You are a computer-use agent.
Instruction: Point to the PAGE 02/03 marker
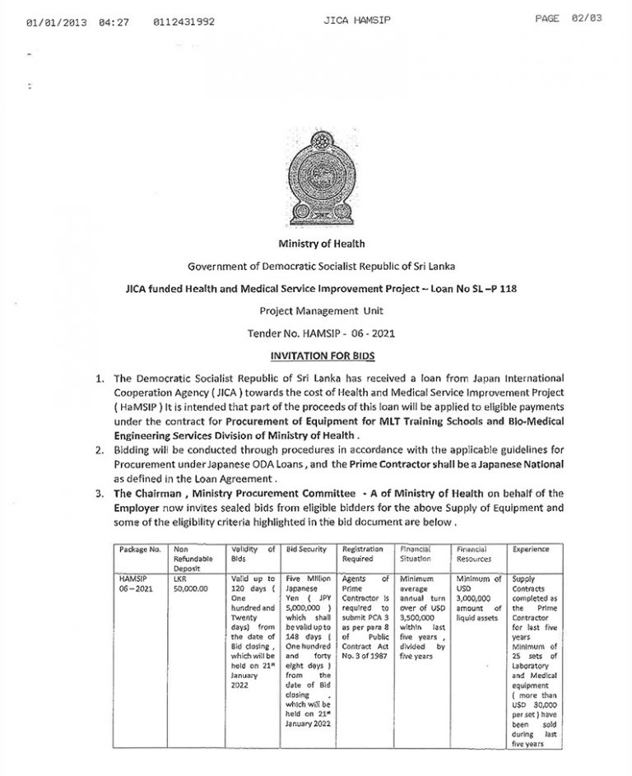coord(569,18)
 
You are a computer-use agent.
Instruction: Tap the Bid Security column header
coord(307,549)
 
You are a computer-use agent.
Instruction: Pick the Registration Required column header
coord(363,554)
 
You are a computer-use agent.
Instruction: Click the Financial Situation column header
coord(417,554)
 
